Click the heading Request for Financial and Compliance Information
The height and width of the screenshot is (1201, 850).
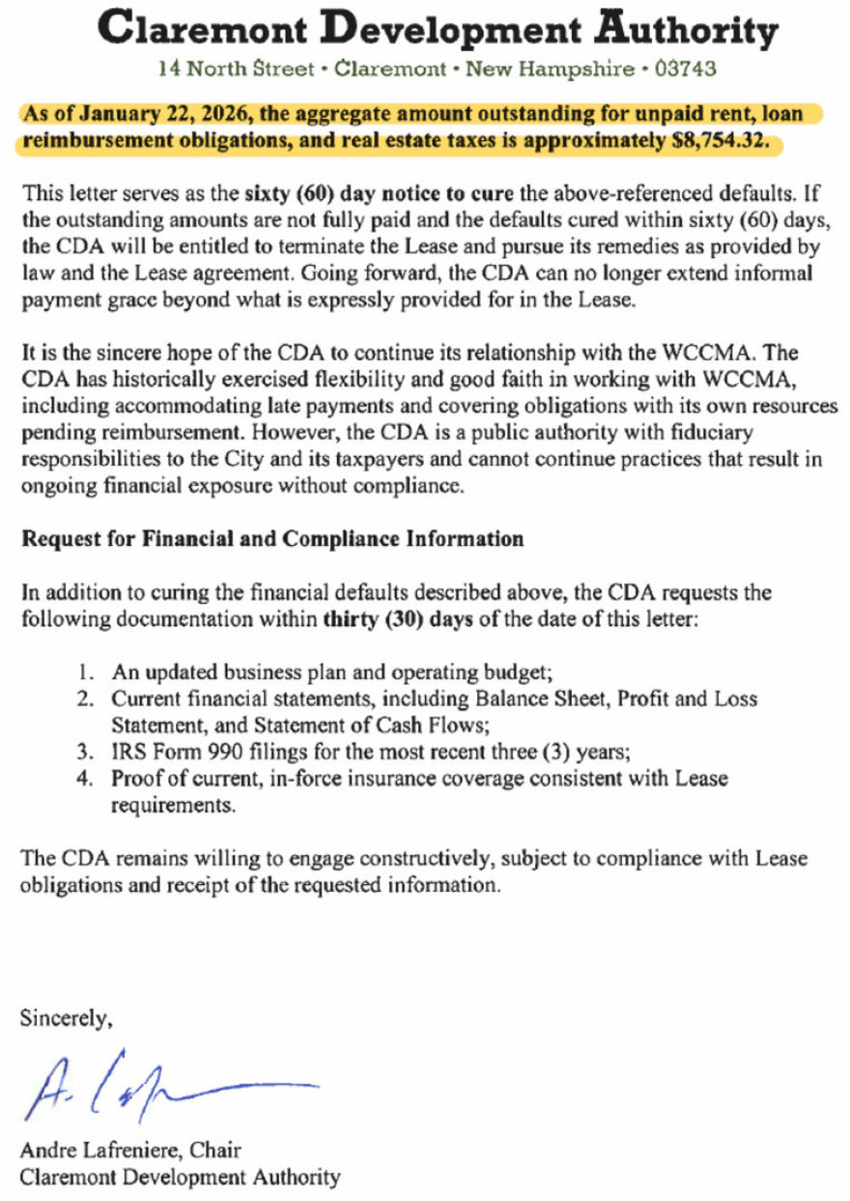pyautogui.click(x=272, y=539)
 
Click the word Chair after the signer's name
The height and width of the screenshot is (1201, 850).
pyautogui.click(x=218, y=1151)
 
